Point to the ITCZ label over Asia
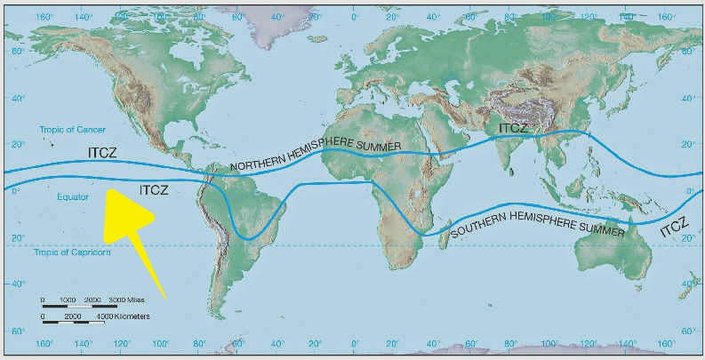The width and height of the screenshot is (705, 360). click(x=514, y=129)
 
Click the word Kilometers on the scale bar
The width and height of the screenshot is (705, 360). click(x=132, y=316)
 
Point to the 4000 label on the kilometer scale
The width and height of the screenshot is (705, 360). click(x=104, y=316)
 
